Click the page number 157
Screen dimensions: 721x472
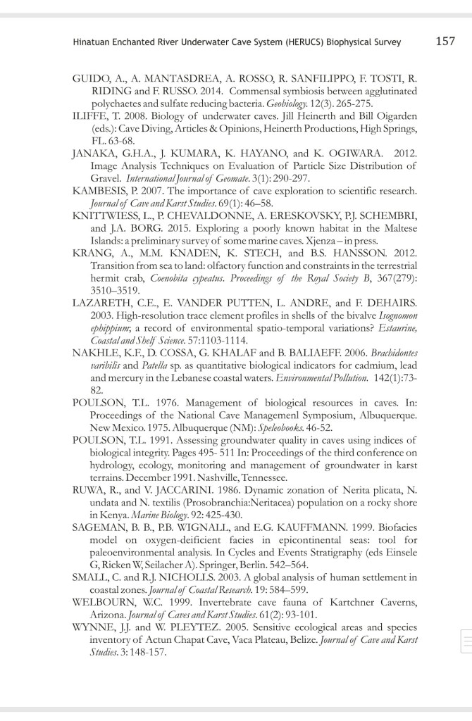click(x=445, y=41)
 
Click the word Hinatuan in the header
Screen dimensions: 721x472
click(x=91, y=42)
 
